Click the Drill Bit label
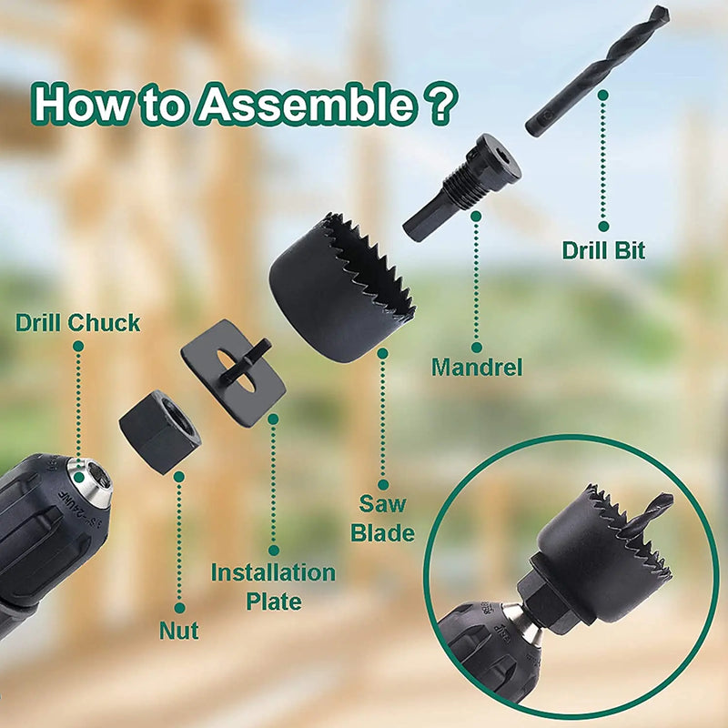point(603,249)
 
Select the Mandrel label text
point(477,368)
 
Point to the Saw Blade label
point(382,518)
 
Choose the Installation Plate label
point(273,587)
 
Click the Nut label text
point(179,631)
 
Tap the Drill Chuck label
point(78,322)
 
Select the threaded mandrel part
point(464,187)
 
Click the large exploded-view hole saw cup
point(337,291)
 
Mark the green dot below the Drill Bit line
point(603,226)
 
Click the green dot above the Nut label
point(179,607)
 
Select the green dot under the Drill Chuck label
point(78,346)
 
